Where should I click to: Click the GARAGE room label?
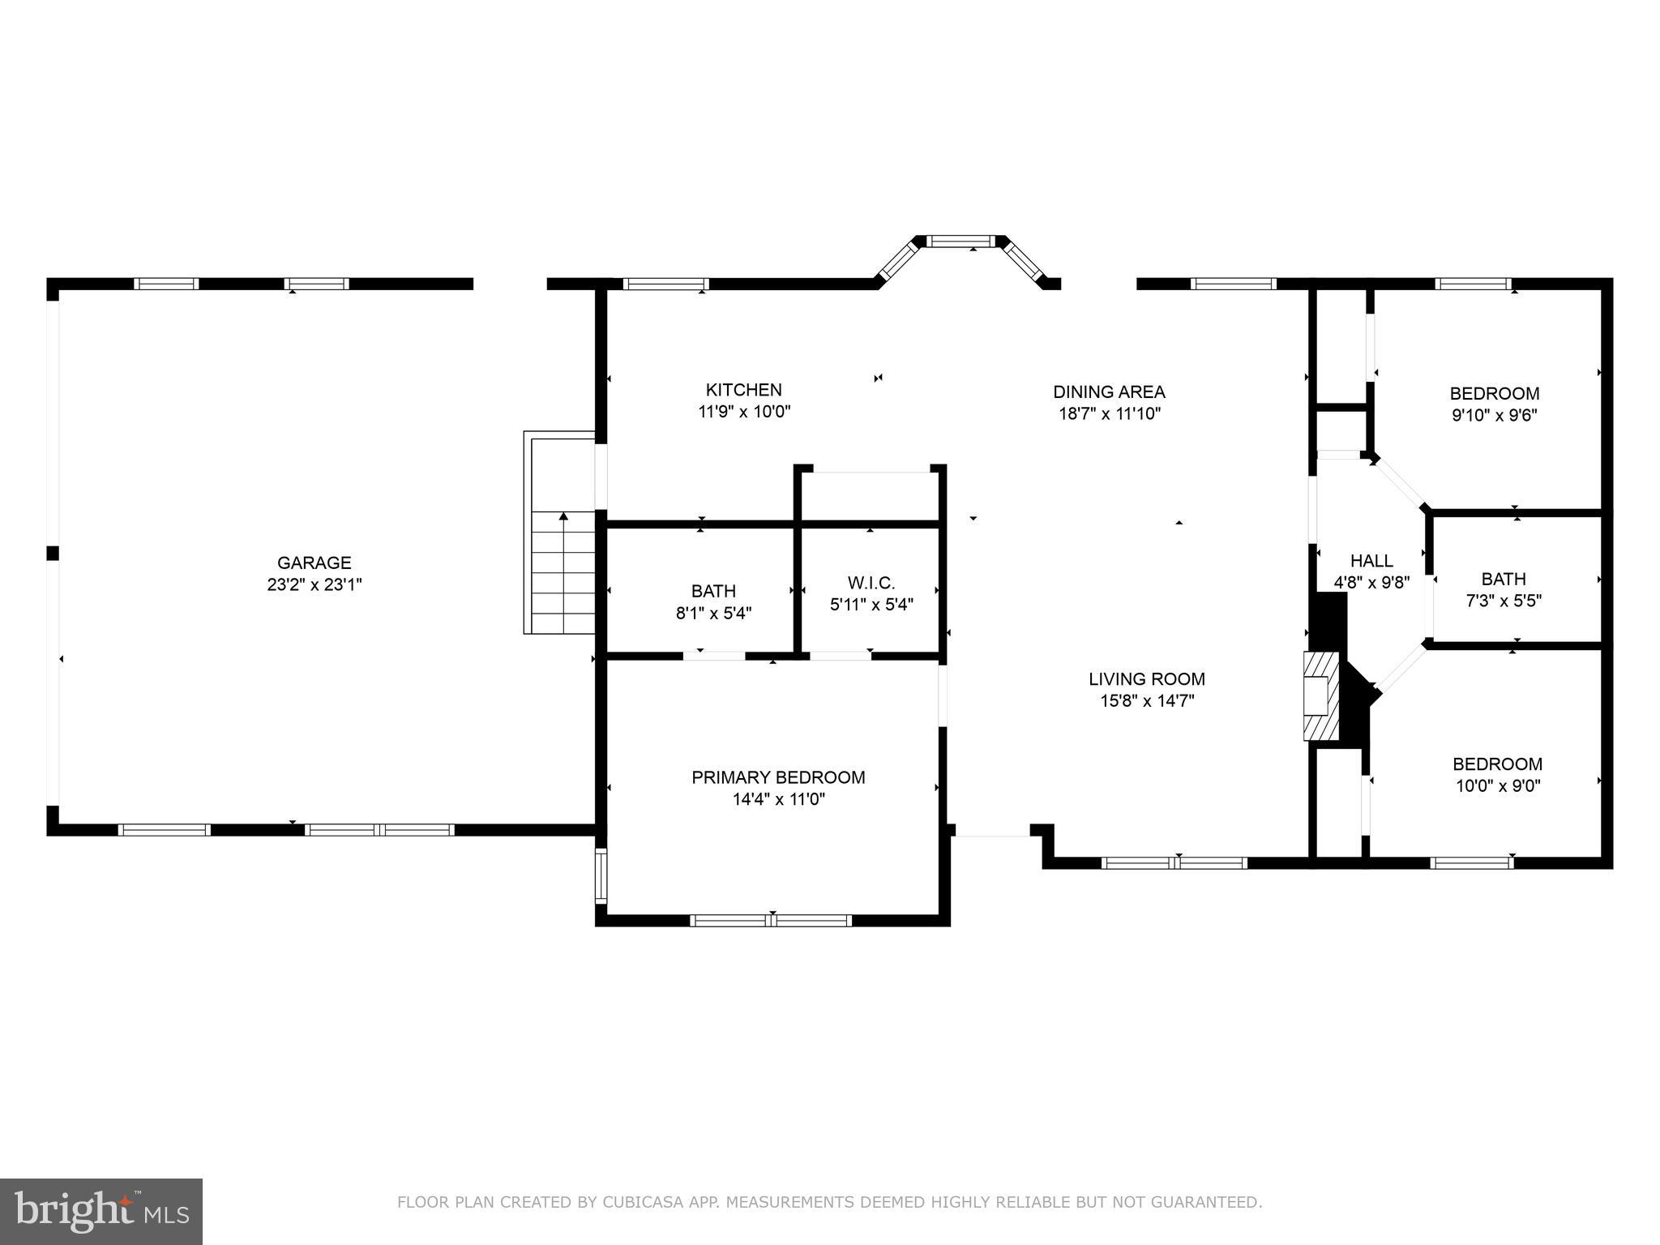pyautogui.click(x=314, y=563)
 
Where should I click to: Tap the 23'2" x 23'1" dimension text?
pyautogui.click(x=314, y=584)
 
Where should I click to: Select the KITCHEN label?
pyautogui.click(x=743, y=390)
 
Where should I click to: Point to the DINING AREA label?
pyautogui.click(x=1109, y=391)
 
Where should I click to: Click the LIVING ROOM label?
pyautogui.click(x=1146, y=679)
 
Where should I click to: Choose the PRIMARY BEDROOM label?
pyautogui.click(x=778, y=777)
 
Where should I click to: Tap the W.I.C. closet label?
pyautogui.click(x=871, y=583)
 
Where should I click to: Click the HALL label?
pyautogui.click(x=1371, y=560)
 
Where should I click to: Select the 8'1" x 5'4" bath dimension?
pyautogui.click(x=713, y=614)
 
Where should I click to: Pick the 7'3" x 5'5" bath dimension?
pyautogui.click(x=1504, y=601)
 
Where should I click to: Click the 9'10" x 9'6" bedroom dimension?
pyautogui.click(x=1494, y=416)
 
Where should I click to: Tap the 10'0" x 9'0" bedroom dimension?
pyautogui.click(x=1497, y=785)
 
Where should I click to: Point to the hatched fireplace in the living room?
pyautogui.click(x=1320, y=695)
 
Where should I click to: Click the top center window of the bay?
pyautogui.click(x=960, y=241)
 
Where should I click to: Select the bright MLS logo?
pyautogui.click(x=101, y=1211)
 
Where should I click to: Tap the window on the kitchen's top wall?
pyautogui.click(x=665, y=284)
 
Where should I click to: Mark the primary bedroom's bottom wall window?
pyautogui.click(x=770, y=920)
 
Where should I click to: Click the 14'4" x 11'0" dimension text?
pyautogui.click(x=778, y=799)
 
